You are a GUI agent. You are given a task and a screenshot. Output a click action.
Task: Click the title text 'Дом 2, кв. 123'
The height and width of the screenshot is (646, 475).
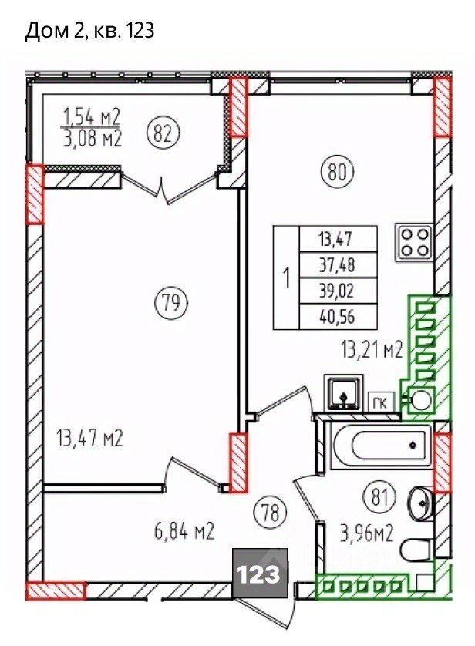[89, 31]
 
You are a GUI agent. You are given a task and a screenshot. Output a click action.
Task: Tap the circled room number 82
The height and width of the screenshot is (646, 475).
[163, 133]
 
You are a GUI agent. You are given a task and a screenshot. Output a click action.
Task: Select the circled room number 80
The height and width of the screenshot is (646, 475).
[338, 171]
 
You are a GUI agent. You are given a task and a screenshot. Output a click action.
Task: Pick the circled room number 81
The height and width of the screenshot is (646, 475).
[380, 497]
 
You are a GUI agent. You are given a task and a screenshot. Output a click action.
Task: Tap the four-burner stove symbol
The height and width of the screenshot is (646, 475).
[414, 243]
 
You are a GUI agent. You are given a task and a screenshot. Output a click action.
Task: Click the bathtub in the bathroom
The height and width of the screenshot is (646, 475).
[382, 445]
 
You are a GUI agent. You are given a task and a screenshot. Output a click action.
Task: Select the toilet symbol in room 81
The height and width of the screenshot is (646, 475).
[416, 550]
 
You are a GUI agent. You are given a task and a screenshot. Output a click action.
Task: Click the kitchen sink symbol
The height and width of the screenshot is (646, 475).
[344, 392]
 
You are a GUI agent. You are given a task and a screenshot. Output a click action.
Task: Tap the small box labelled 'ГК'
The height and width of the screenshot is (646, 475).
[381, 402]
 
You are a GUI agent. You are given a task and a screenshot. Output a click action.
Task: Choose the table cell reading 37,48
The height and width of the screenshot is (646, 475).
[338, 265]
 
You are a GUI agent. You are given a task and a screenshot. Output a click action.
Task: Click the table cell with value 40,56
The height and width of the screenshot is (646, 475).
[338, 317]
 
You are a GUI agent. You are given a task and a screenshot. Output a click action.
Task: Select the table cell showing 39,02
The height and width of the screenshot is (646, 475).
[338, 291]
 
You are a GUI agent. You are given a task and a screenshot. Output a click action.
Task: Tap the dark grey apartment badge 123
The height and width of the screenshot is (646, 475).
[260, 573]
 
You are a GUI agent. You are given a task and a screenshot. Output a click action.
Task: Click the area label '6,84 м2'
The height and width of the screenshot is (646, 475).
[184, 531]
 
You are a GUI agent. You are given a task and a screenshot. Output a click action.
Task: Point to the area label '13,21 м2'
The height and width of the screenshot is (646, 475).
[371, 350]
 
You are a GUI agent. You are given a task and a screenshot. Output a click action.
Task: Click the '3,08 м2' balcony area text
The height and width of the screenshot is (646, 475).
[93, 138]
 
